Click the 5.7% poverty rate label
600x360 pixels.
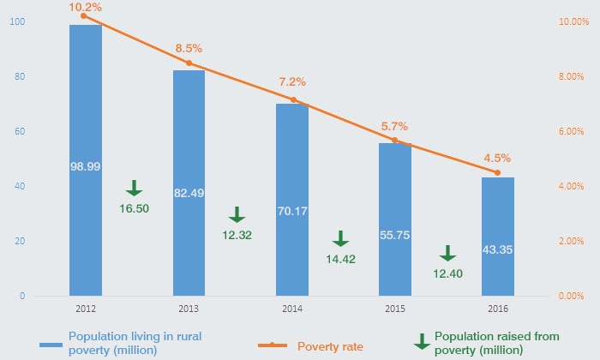[394, 126]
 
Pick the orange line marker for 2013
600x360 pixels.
[189, 63]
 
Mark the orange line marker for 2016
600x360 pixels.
[497, 172]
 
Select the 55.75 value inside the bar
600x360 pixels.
[394, 234]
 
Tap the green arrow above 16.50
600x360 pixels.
[134, 189]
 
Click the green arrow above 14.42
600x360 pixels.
[340, 238]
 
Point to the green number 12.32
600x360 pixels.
[237, 234]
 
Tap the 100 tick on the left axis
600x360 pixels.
[16, 21]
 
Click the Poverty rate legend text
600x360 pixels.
[330, 346]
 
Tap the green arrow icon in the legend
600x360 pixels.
[422, 341]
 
